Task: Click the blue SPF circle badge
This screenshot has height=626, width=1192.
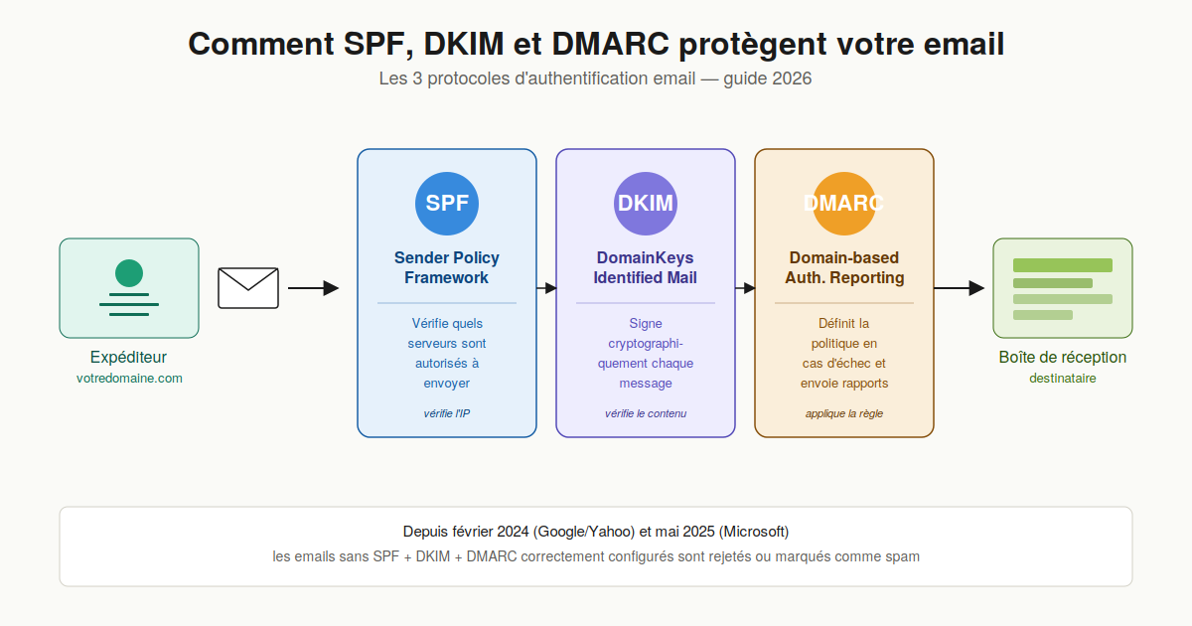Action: (447, 204)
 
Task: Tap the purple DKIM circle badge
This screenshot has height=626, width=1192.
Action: (646, 204)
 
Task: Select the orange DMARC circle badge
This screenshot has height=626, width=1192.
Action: (844, 204)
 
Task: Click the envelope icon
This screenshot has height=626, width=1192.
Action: (248, 288)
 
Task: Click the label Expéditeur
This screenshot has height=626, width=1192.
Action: (129, 358)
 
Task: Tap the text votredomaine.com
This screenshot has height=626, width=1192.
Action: (129, 379)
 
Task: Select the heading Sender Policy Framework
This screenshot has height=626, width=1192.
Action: (447, 268)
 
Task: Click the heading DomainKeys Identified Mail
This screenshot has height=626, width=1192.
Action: (646, 268)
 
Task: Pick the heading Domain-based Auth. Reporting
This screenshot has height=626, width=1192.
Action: (844, 268)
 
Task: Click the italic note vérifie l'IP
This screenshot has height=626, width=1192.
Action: (447, 413)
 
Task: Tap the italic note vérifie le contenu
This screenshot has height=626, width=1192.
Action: (646, 413)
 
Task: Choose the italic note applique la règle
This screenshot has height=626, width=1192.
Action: (844, 413)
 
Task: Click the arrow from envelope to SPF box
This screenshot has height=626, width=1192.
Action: (313, 288)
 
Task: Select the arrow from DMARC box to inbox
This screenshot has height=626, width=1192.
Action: (959, 288)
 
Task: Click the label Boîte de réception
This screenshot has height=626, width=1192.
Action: (1063, 358)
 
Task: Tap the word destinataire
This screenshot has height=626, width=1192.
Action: (1063, 379)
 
